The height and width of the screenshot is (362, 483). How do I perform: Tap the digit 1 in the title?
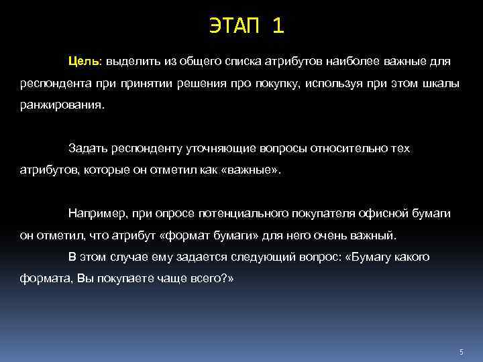(278, 26)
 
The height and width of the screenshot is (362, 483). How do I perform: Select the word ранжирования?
(62, 106)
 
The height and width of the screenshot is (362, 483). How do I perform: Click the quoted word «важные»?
(252, 170)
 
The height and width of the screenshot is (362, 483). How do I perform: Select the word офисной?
(380, 213)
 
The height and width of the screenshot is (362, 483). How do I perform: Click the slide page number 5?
(462, 352)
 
